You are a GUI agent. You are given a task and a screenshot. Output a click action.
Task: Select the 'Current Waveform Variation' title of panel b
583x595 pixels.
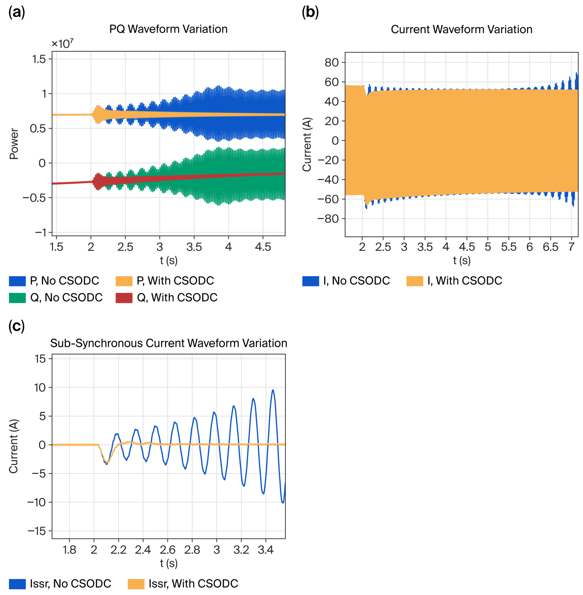461,29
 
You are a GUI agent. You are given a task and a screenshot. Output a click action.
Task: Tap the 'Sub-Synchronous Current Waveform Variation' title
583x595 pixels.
168,343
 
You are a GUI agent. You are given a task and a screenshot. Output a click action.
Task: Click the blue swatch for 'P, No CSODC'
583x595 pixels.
17,281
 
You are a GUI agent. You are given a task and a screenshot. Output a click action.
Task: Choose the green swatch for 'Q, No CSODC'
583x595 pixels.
17,298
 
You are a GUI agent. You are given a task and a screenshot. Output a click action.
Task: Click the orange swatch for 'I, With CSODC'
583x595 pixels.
415,281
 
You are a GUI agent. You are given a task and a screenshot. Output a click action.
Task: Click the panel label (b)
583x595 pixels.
310,12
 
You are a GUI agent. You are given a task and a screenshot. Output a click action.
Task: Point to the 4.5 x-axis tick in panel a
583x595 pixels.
263,247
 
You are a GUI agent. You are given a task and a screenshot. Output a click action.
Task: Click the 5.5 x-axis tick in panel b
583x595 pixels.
509,247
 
